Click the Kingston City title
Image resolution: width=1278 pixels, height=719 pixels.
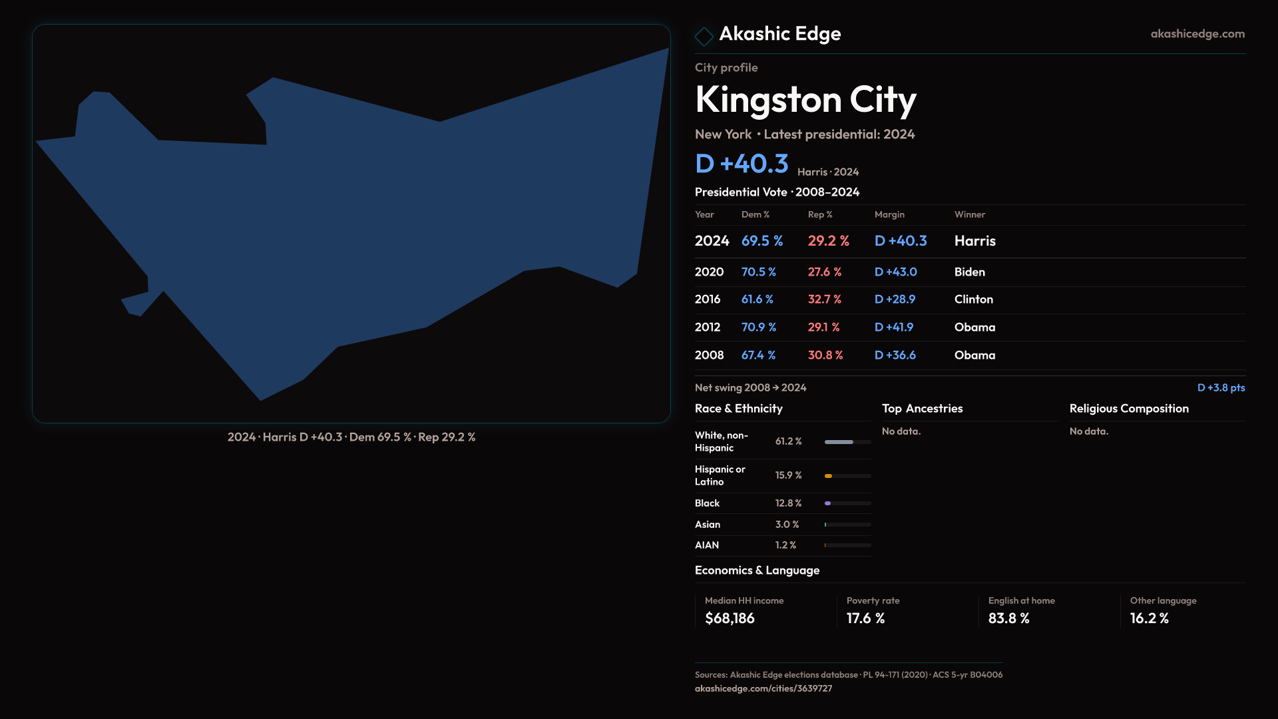(x=805, y=100)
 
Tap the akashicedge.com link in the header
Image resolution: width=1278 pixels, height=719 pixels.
(x=1197, y=34)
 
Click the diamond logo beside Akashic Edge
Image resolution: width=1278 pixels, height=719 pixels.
(x=704, y=36)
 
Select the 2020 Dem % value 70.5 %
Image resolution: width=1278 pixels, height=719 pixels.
(x=758, y=272)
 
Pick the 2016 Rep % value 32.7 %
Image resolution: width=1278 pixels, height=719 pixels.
(x=824, y=300)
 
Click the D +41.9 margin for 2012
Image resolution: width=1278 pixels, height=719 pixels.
(x=893, y=328)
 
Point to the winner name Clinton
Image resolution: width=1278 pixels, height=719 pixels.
(x=973, y=300)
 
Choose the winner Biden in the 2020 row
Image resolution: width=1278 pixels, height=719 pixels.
(x=969, y=272)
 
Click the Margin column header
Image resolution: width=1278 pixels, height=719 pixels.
(x=889, y=214)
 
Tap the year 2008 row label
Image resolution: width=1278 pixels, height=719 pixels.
(x=709, y=356)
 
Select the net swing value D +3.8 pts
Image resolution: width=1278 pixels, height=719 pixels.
(x=1221, y=387)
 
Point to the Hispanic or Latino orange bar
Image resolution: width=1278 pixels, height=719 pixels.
(x=829, y=476)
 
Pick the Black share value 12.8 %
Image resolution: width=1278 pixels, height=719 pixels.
(x=788, y=503)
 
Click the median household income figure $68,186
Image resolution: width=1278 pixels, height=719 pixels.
(x=730, y=618)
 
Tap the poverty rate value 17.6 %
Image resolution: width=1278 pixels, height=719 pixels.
(x=865, y=618)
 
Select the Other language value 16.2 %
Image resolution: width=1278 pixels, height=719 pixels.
(x=1149, y=618)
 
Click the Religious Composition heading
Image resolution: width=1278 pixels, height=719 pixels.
(x=1128, y=409)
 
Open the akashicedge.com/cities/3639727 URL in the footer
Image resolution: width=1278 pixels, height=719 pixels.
(x=763, y=688)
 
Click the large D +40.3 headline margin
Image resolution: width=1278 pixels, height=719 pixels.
(x=742, y=164)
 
